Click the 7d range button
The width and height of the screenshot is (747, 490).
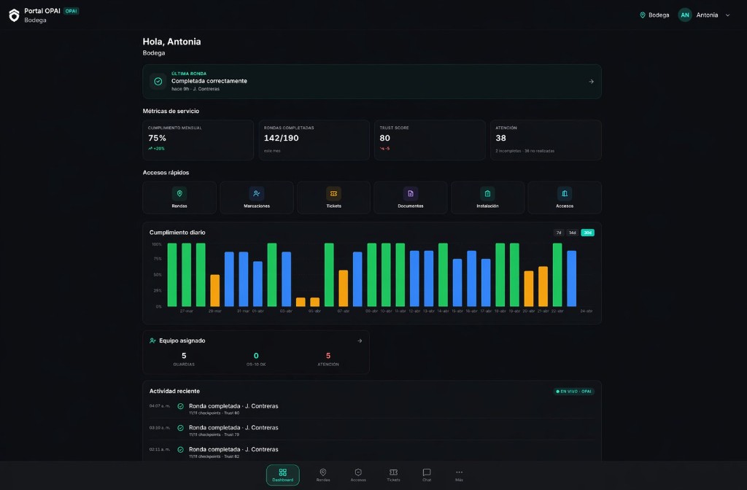click(559, 233)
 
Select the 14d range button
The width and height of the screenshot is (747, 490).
click(573, 233)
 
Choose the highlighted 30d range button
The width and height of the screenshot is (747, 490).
click(587, 233)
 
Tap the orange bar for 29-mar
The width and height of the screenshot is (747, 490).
click(214, 290)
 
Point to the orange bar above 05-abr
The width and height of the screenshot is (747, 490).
click(314, 302)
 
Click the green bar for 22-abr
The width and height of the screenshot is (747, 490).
click(557, 275)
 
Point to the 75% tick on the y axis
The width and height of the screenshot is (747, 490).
click(158, 259)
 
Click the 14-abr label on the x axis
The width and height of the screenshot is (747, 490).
click(443, 311)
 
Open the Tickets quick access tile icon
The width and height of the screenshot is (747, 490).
click(333, 193)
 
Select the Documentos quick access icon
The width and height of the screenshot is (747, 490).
click(411, 193)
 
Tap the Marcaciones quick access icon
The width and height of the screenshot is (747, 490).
click(257, 193)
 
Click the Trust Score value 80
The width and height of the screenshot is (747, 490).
click(384, 138)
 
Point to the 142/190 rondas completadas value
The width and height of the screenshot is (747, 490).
click(281, 138)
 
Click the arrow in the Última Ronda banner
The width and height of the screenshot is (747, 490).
click(591, 82)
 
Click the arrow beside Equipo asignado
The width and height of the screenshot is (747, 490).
click(360, 341)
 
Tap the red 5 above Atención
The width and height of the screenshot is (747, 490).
click(328, 356)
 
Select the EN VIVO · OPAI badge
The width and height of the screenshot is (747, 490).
click(574, 392)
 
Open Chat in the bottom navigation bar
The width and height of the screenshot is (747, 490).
click(427, 475)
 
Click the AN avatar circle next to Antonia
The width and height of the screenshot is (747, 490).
click(685, 15)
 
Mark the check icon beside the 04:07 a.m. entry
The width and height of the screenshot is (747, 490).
click(180, 406)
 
